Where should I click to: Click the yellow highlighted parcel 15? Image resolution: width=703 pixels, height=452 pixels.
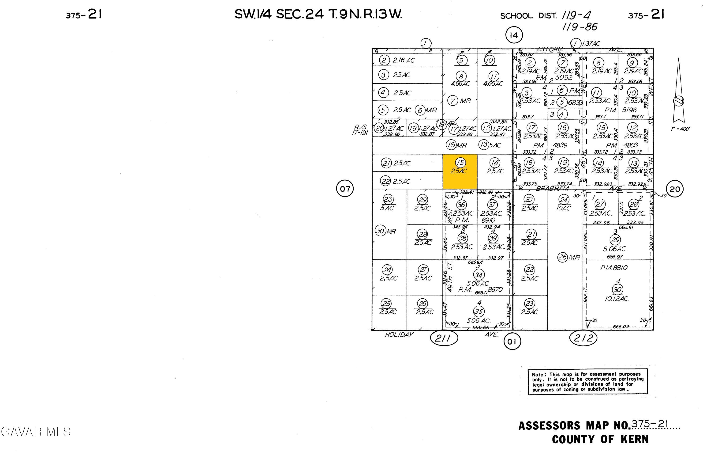point(460,171)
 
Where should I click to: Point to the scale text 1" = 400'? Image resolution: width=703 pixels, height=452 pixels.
point(680,129)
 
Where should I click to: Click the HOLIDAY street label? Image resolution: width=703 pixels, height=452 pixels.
point(399,334)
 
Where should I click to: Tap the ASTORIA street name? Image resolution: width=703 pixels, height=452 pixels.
point(550,49)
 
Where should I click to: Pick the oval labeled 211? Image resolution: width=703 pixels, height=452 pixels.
point(444,339)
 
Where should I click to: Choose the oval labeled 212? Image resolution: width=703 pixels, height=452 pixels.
point(583,338)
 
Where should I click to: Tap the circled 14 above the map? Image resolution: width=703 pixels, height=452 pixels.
point(514,35)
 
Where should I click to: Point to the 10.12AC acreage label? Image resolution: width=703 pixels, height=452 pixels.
point(616,299)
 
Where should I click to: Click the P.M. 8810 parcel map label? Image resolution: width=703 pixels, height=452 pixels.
point(614,268)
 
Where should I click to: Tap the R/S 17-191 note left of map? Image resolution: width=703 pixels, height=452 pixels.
point(360,130)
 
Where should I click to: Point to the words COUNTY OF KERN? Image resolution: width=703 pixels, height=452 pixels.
point(600,439)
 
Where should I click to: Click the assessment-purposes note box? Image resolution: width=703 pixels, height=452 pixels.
point(587,382)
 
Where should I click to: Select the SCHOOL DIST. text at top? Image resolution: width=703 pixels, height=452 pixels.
point(528,16)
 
